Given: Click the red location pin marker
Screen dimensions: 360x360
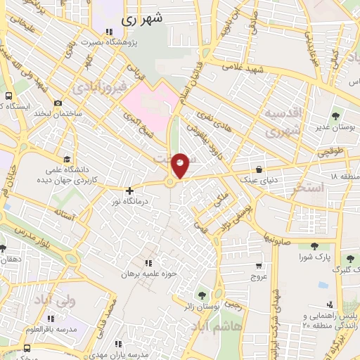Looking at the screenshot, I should (181, 165).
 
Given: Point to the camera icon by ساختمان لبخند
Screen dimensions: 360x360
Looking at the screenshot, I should (58, 103).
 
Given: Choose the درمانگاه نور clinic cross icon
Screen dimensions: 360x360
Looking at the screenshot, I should (129, 191).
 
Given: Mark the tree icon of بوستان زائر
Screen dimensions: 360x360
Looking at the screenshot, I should (204, 295).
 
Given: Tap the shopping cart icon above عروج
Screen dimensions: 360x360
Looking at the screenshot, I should (259, 266).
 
